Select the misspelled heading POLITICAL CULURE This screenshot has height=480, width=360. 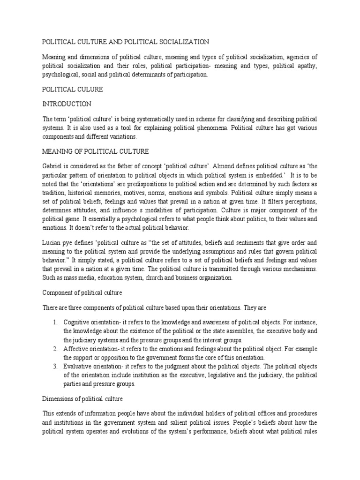pyautogui.click(x=72, y=89)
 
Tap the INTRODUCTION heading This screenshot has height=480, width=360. pyautogui.click(x=67, y=104)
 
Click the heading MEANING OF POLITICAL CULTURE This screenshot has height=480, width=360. pyautogui.click(x=96, y=151)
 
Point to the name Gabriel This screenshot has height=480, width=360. pyautogui.click(x=53, y=166)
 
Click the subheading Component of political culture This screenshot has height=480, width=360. pyautogui.click(x=82, y=292)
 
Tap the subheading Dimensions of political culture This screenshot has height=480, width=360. pyautogui.click(x=82, y=399)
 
